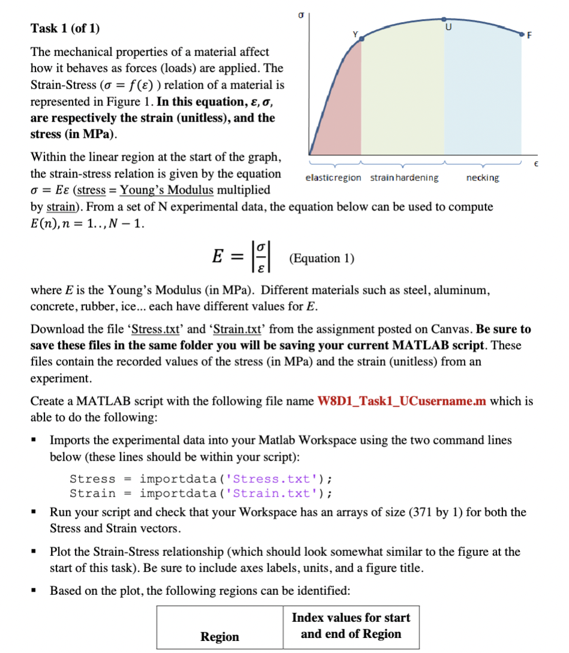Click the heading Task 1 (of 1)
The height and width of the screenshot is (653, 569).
(x=65, y=28)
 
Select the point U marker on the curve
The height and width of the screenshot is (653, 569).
(x=444, y=20)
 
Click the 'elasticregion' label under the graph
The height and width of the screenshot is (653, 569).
(x=333, y=178)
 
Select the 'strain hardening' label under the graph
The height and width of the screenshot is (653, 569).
(x=404, y=178)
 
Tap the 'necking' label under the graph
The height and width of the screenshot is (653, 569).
(x=482, y=178)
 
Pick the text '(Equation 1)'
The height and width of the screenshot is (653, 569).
(x=321, y=258)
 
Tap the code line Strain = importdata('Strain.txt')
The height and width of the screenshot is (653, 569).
(x=201, y=493)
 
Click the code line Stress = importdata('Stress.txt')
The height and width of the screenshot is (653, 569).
(x=201, y=479)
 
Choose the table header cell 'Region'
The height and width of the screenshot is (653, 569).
(x=219, y=637)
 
